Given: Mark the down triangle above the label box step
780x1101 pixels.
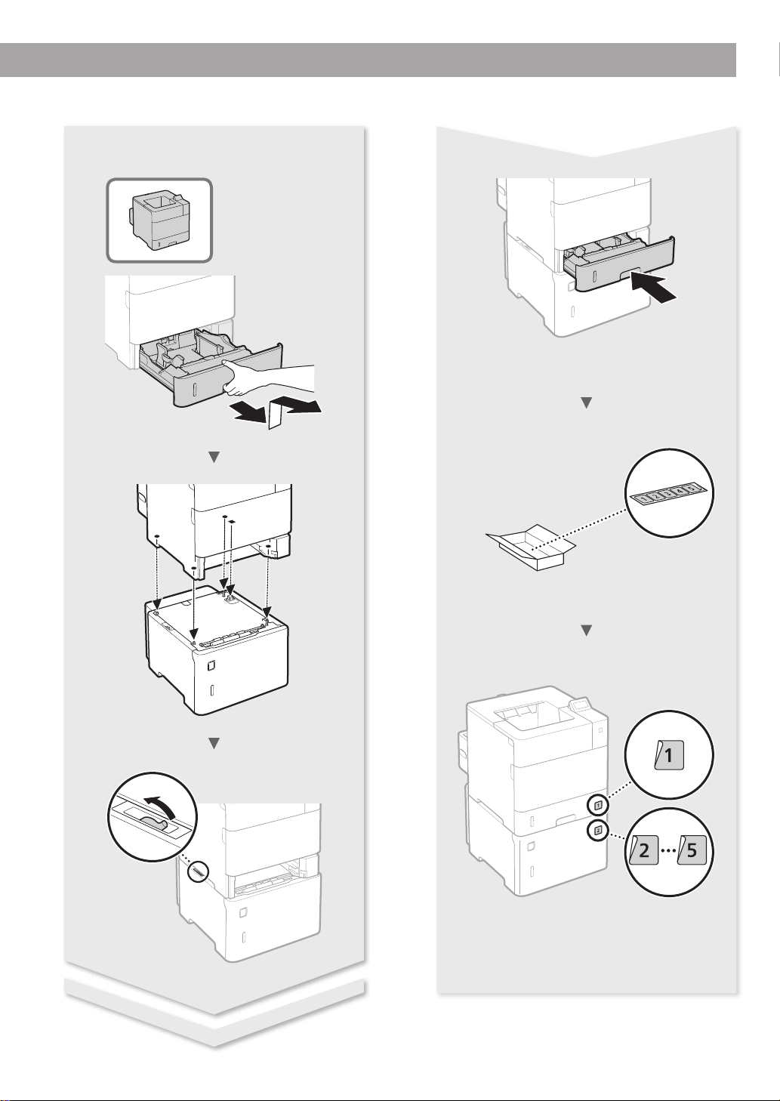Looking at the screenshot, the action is click(587, 404).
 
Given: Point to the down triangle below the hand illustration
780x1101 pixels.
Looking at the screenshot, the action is click(214, 457).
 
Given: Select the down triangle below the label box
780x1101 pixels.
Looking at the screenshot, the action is click(587, 630).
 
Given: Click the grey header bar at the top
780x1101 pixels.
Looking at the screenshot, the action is click(368, 60).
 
